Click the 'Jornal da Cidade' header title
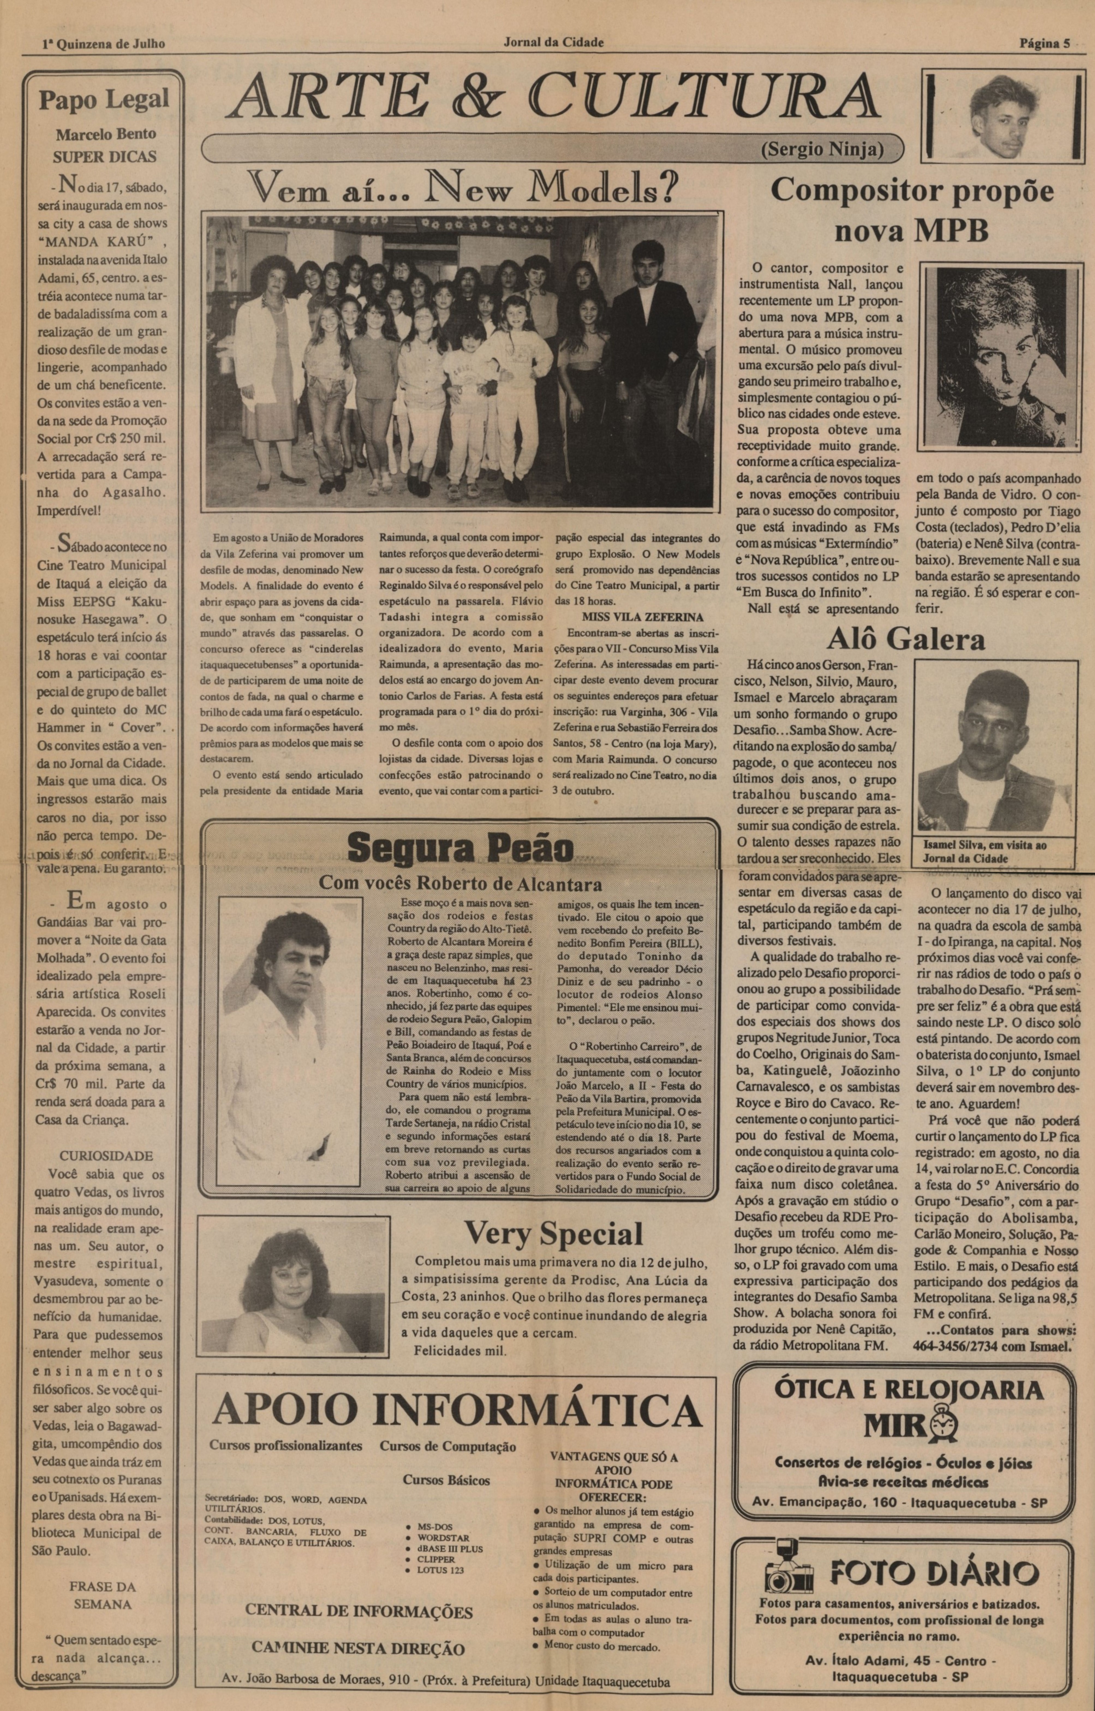pos(553,43)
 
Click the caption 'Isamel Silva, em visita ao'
pos(985,846)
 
